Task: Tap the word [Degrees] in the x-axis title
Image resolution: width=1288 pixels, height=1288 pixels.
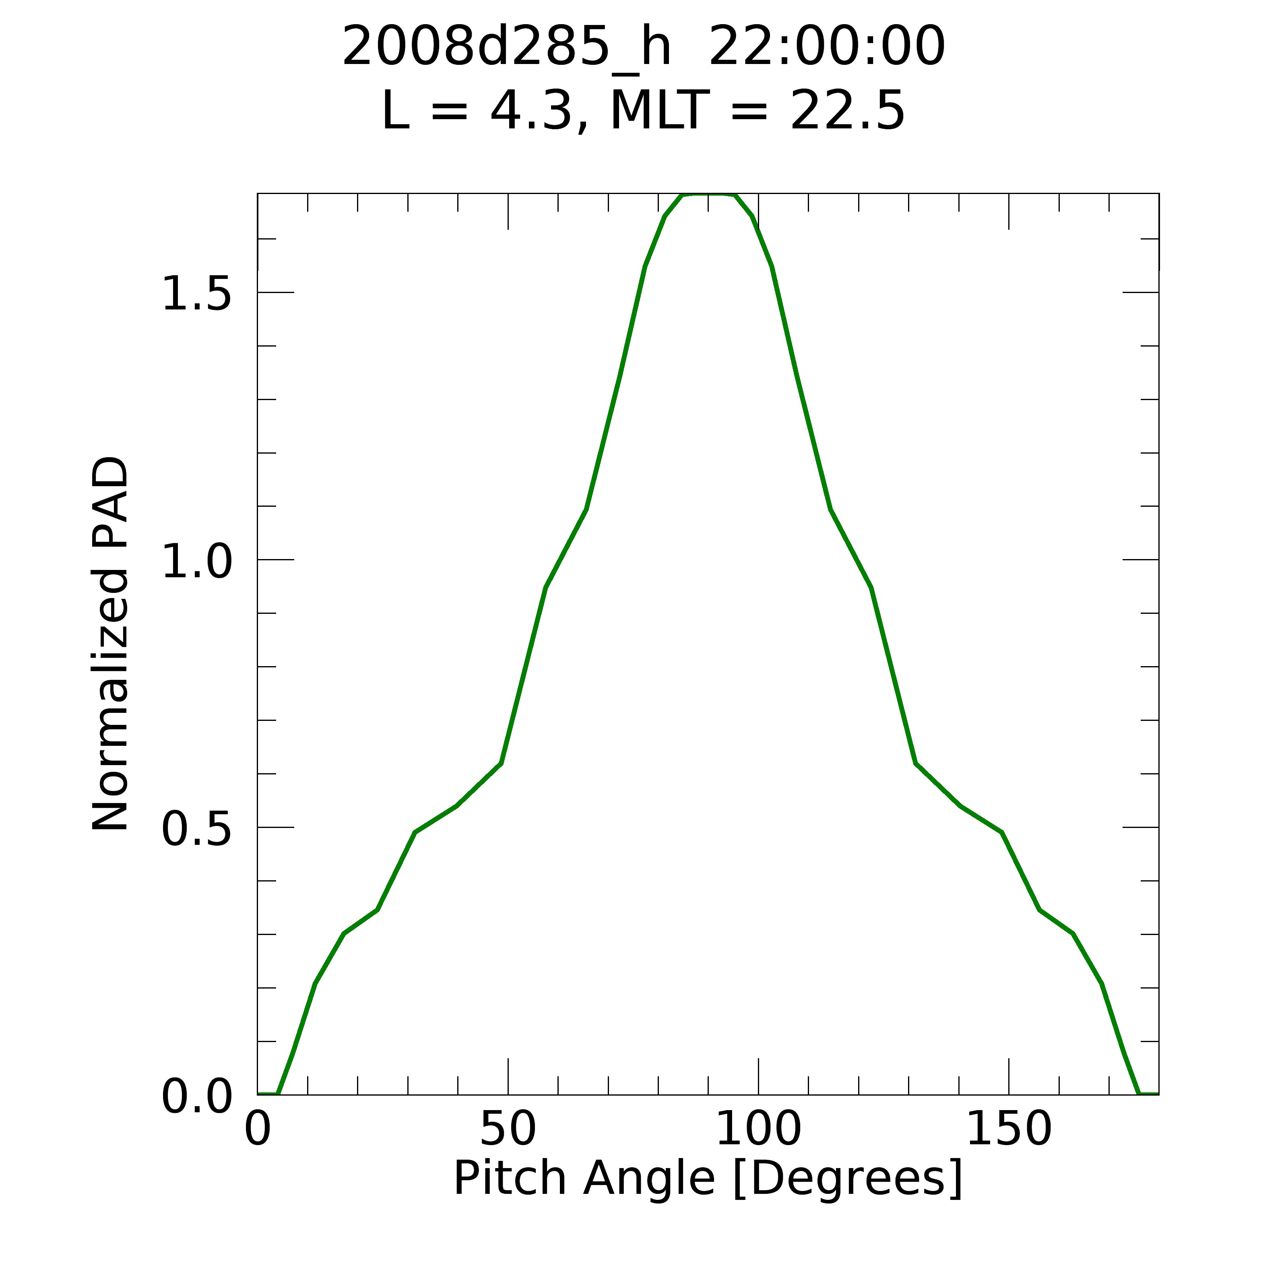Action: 847,1180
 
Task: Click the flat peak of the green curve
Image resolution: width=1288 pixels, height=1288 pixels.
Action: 708,195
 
